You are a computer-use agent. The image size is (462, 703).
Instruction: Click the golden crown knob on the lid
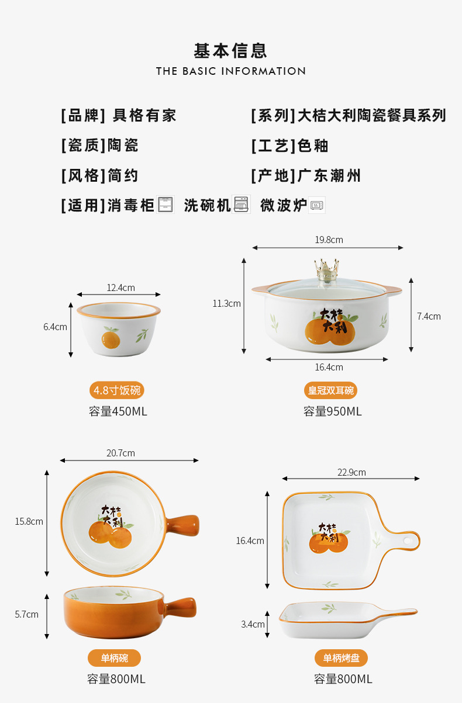tap(327, 269)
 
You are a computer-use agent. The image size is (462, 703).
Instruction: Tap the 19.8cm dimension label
tap(329, 240)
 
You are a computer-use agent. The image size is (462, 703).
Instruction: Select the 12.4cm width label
tap(120, 288)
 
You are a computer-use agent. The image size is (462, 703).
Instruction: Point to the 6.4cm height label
tap(56, 327)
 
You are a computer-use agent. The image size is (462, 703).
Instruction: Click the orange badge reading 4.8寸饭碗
tap(117, 390)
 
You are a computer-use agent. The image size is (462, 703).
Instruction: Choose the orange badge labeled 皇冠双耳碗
tap(331, 390)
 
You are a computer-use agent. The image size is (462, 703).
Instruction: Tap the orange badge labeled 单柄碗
tap(114, 658)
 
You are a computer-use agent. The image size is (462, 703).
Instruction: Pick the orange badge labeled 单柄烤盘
tap(341, 658)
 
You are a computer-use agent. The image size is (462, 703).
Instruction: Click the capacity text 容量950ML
tap(333, 411)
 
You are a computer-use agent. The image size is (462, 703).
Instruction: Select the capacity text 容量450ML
tap(118, 411)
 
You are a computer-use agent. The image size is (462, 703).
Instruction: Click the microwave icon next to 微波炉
tap(316, 205)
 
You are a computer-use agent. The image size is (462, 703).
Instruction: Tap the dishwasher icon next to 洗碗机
tap(241, 205)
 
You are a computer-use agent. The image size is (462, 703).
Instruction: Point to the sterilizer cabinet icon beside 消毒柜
tap(165, 205)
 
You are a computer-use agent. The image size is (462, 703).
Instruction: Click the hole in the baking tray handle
tap(407, 541)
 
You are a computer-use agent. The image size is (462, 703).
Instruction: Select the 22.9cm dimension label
tap(351, 472)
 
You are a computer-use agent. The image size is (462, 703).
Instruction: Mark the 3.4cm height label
tap(253, 624)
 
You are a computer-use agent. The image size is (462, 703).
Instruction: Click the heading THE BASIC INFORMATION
tap(231, 71)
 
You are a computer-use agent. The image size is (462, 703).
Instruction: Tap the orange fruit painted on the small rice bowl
tap(111, 339)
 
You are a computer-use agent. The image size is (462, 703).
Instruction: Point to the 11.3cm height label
tap(226, 303)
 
